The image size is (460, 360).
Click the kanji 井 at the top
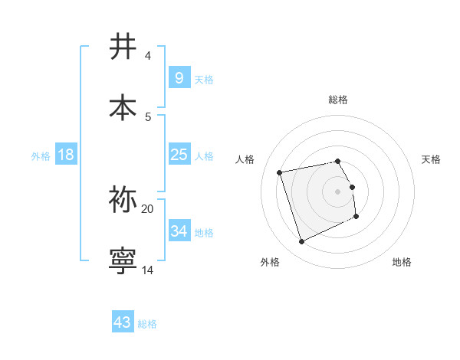click(123, 47)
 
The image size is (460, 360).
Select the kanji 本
click(123, 108)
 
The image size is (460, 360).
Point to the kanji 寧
click(123, 260)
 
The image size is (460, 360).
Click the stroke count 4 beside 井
click(147, 56)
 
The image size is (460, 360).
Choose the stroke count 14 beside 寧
click(147, 270)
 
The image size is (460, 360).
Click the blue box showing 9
click(179, 78)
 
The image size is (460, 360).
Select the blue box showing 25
click(179, 155)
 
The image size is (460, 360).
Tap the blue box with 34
click(179, 231)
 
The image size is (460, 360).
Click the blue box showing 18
click(66, 155)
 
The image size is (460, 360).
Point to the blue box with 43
click(122, 322)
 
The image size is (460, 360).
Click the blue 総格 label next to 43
click(147, 324)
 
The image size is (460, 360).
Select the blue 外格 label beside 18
click(41, 156)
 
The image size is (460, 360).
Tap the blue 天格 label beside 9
click(204, 80)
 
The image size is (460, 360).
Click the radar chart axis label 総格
click(338, 100)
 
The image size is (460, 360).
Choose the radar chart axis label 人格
click(245, 159)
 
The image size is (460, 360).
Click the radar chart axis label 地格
click(402, 262)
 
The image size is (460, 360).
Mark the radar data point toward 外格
click(301, 242)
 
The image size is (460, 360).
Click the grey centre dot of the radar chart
click(338, 191)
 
